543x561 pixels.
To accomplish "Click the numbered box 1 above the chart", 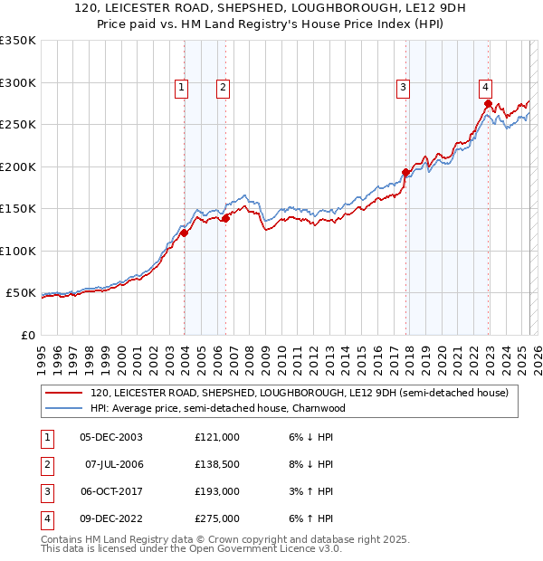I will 182,88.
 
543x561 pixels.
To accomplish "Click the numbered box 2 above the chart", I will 222,88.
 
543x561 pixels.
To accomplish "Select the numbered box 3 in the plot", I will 402,88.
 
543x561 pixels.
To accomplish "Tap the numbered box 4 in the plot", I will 486,88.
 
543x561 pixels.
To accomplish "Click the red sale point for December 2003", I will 184,233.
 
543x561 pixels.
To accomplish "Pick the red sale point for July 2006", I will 225,218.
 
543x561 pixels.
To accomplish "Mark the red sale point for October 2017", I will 405,172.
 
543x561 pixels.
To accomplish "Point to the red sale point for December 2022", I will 488,103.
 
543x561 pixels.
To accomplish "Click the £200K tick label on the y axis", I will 18,166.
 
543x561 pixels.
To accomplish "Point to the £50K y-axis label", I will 21,293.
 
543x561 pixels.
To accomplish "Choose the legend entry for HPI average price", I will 217,408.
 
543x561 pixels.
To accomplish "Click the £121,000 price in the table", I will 217,436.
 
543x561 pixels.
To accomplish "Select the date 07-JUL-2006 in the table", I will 114,464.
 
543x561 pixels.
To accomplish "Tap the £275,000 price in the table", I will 217,518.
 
